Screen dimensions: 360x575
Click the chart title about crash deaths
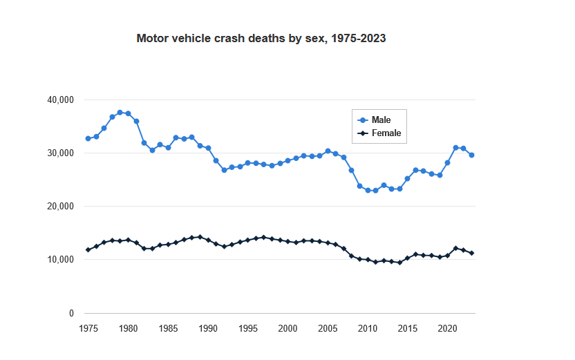(261, 39)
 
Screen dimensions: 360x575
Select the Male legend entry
(381, 120)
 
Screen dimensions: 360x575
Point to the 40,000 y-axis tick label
(60, 100)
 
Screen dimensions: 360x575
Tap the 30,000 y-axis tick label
(60, 153)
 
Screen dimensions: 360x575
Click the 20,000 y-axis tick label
(60, 207)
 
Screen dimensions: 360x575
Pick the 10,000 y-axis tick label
(60, 260)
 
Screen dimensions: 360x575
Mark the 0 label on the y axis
(70, 314)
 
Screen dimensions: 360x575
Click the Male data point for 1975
(88, 138)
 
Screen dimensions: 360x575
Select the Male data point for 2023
(471, 155)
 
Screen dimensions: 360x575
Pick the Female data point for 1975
(88, 249)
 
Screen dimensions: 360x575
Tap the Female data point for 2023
(471, 253)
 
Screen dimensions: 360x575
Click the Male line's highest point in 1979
(120, 112)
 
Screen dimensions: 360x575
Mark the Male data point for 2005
(328, 151)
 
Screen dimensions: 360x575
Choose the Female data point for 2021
(455, 248)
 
